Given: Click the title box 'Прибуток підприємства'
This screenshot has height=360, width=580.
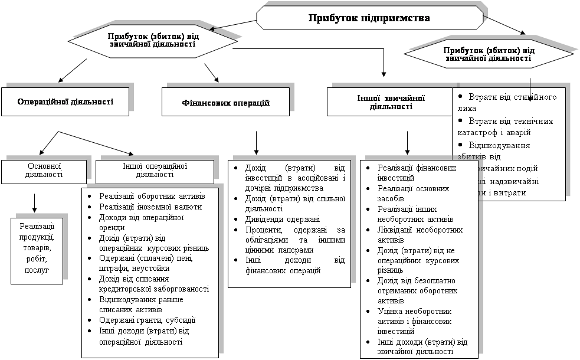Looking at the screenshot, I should tap(369, 18).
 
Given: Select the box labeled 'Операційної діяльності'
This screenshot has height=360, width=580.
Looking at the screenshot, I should tap(65, 102).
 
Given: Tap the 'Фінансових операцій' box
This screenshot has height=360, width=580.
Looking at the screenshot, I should tap(225, 103).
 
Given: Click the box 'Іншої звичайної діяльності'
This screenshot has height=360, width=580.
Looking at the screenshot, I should tap(389, 102).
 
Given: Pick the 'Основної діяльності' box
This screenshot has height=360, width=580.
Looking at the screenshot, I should tap(44, 171).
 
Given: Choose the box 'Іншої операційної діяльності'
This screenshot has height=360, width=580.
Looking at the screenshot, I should tap(155, 171).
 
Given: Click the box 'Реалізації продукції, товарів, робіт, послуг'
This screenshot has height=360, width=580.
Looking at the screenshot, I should tap(37, 248).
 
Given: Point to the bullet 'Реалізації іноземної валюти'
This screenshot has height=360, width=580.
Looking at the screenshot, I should tap(150, 207).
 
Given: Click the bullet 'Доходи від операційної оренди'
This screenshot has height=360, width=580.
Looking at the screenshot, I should tap(142, 222).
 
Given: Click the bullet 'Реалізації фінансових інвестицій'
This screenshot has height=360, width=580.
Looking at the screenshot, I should tap(417, 172).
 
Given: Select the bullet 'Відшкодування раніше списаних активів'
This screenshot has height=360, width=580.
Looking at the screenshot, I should tap(142, 304).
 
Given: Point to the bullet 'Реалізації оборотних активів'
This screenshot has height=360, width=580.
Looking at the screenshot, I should tap(152, 196).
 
